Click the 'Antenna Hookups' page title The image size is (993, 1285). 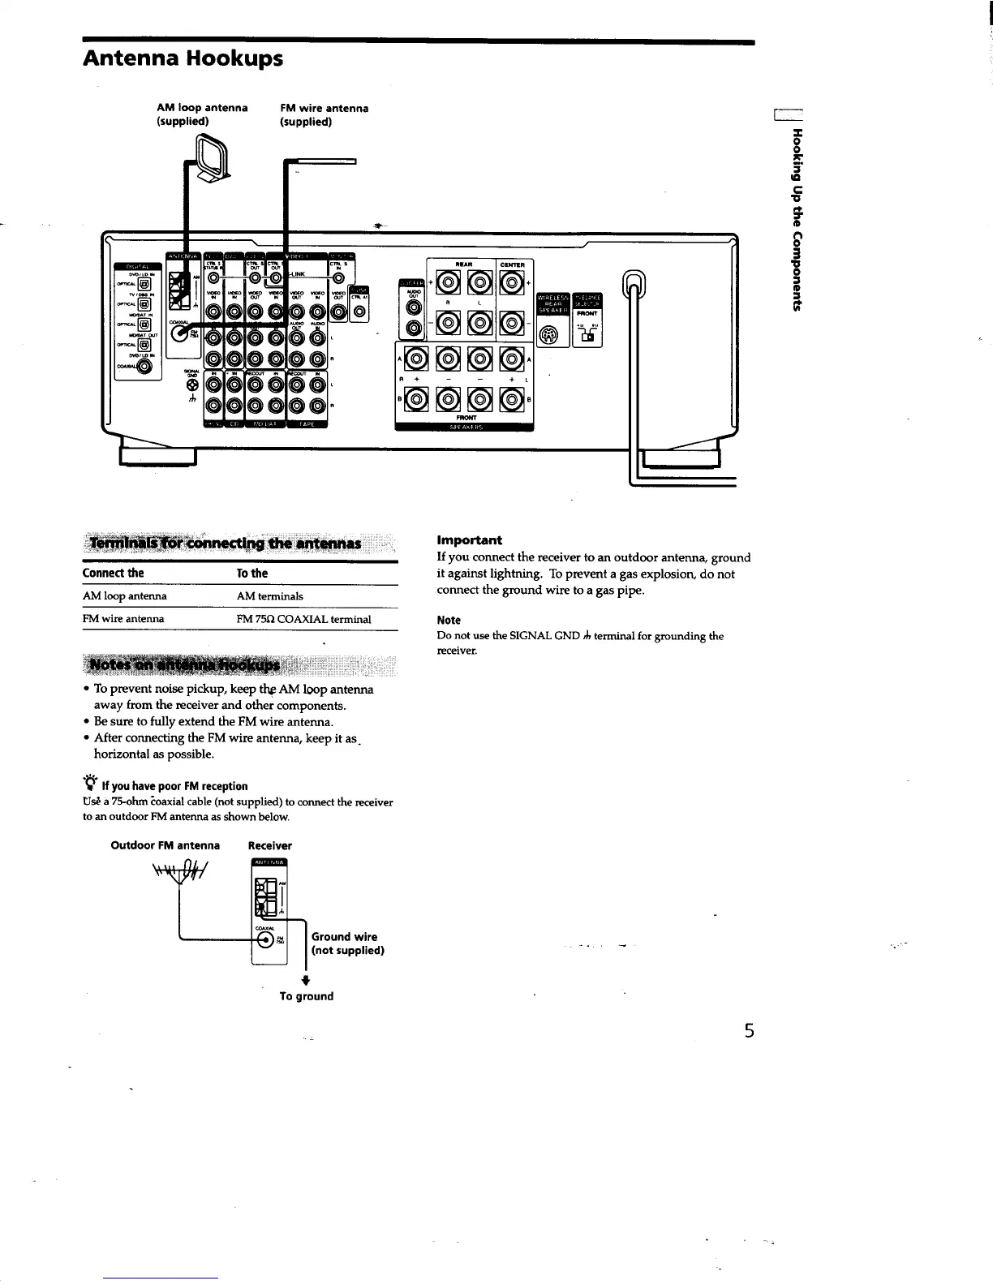click(x=183, y=59)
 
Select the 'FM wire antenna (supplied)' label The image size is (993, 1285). click(x=324, y=115)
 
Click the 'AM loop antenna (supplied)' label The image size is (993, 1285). click(x=202, y=115)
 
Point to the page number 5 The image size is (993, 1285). click(x=749, y=1031)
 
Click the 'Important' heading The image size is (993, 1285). click(x=469, y=540)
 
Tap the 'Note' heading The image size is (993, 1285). click(x=449, y=621)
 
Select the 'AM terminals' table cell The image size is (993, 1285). click(x=269, y=596)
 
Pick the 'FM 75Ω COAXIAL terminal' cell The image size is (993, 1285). click(x=303, y=619)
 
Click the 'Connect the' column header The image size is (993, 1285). click(x=113, y=574)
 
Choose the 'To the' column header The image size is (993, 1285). click(x=251, y=574)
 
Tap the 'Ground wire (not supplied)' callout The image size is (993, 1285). click(x=347, y=943)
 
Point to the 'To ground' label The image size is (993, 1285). click(x=306, y=996)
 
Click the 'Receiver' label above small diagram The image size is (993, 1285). click(x=269, y=845)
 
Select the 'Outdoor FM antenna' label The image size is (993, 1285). click(x=165, y=845)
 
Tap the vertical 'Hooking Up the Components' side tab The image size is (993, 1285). click(x=797, y=219)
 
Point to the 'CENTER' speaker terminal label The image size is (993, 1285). click(x=513, y=264)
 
